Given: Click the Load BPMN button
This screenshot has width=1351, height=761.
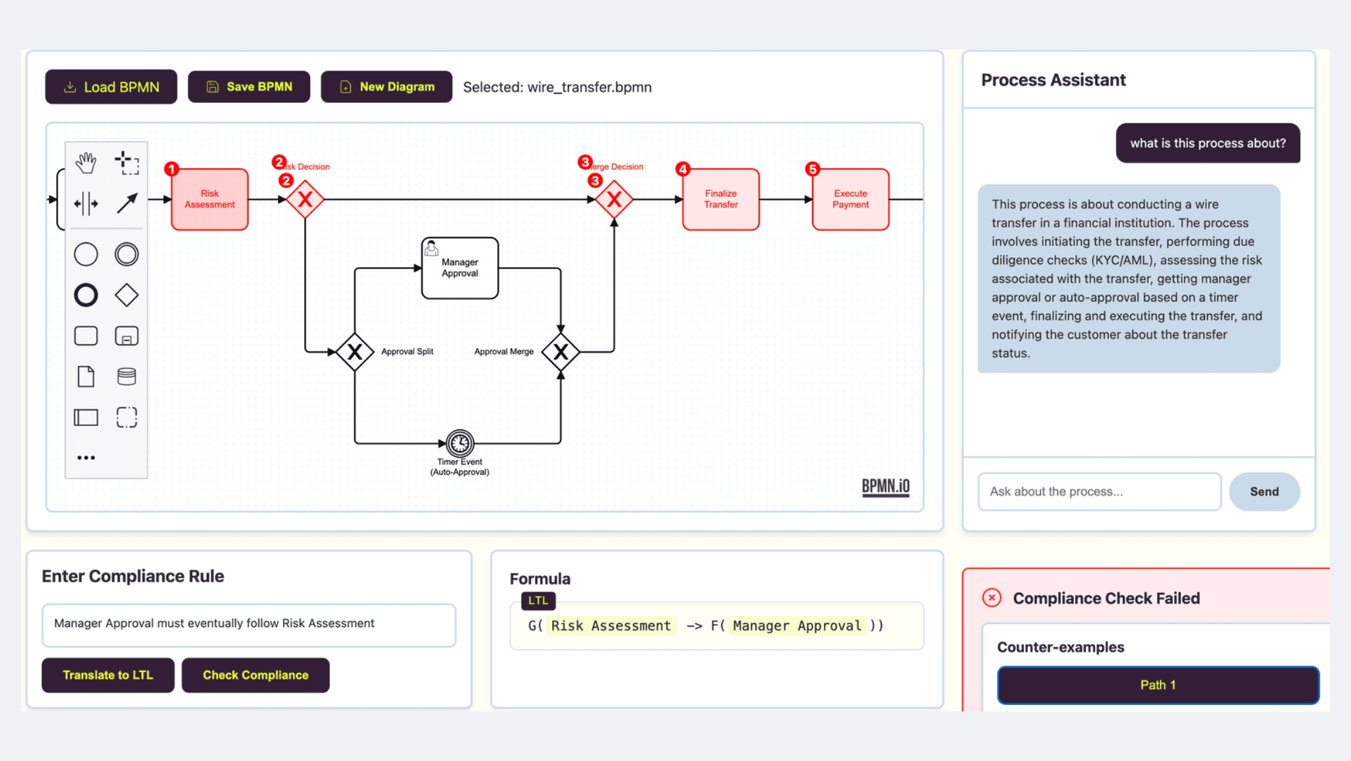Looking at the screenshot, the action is (111, 87).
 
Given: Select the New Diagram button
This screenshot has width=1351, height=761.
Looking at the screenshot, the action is (387, 87).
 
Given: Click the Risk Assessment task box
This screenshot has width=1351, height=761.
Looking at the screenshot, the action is (210, 199).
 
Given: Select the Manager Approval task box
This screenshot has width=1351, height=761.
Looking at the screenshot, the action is (460, 268).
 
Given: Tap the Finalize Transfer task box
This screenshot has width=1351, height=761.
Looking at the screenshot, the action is (721, 199).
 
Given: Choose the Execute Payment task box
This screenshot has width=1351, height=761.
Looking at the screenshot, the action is (851, 199).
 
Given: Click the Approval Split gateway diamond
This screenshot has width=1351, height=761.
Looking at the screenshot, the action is (355, 352).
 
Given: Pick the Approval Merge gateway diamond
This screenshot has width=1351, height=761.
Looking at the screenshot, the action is (561, 352).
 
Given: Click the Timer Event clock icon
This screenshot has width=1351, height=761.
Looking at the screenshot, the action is (460, 443).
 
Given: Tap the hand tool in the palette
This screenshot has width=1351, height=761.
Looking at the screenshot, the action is (86, 162).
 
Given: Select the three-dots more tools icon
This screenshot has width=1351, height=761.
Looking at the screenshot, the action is (86, 458).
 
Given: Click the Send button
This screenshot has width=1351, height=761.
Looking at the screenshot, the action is (1265, 491).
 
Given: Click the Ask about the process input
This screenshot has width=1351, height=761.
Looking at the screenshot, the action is (1100, 491).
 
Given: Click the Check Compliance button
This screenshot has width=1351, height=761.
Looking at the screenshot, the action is (255, 675).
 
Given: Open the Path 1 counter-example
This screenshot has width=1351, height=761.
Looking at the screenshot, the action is (1158, 685).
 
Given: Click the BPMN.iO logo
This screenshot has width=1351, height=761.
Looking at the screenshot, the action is (886, 487).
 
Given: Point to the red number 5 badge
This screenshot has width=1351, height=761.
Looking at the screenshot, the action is (813, 169).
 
